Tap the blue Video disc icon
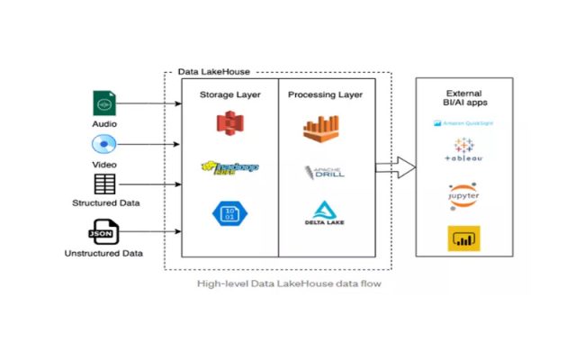[104, 144]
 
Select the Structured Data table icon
[104, 184]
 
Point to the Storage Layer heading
[229, 94]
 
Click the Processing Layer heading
[325, 94]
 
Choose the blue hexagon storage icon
[229, 212]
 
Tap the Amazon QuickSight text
[463, 122]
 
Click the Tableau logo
[463, 150]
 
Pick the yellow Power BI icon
[463, 238]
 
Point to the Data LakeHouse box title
[213, 71]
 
